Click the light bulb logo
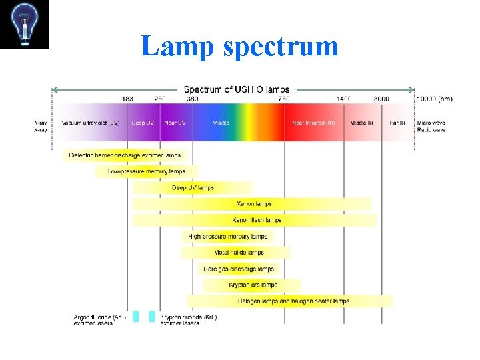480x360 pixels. point(25,25)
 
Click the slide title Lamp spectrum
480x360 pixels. point(240,46)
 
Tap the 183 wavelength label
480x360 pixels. point(127,99)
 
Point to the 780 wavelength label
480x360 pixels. point(283,99)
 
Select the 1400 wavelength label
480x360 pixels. point(343,99)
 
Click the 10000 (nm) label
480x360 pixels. point(434,99)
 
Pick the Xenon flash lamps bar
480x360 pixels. point(256,220)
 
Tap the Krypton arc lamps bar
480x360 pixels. point(253,285)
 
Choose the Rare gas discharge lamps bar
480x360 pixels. point(239,269)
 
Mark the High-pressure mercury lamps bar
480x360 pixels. point(227,236)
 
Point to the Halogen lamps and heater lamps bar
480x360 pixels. point(293,301)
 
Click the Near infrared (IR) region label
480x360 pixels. point(313,123)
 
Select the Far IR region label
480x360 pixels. point(397,123)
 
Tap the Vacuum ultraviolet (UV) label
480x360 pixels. point(90,123)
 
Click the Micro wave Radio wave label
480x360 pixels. point(431,126)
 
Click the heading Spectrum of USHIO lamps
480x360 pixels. point(236,89)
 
